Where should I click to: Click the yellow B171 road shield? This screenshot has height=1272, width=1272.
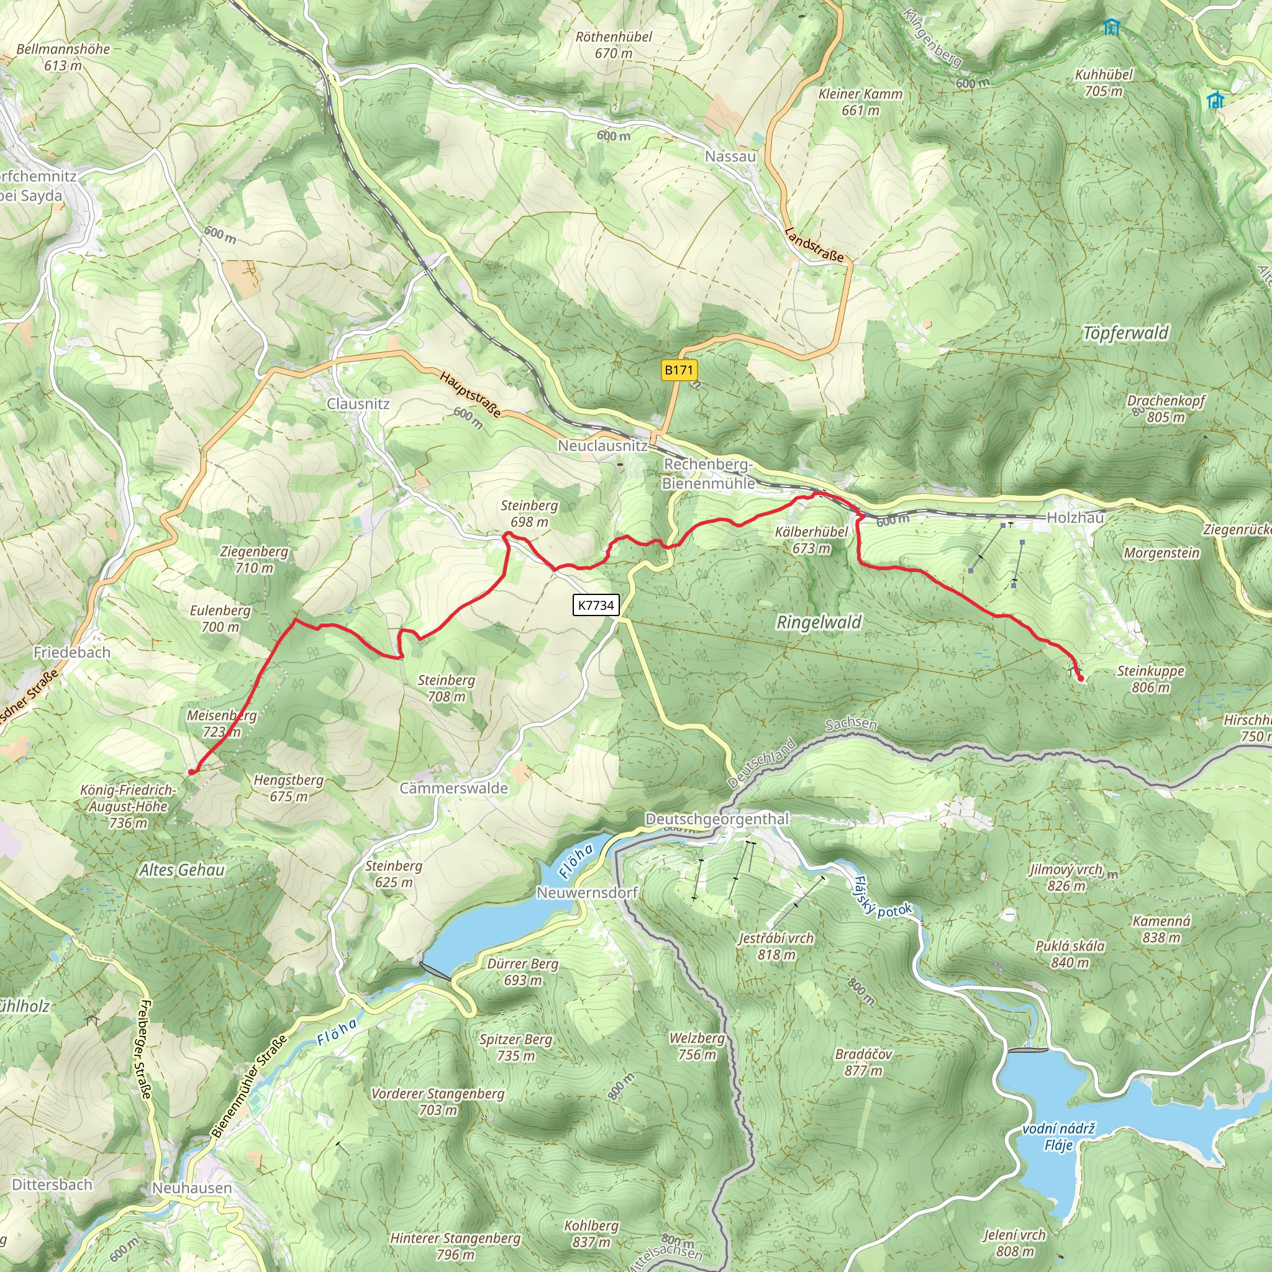point(678,370)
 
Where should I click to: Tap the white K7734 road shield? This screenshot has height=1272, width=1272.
point(596,605)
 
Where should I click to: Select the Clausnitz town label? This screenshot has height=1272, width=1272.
point(358,404)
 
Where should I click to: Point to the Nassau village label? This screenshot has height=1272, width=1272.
point(730,156)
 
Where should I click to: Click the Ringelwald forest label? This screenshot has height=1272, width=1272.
point(819,622)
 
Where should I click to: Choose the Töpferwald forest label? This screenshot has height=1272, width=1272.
point(1126,333)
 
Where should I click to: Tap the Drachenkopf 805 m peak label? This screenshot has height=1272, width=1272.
point(1165,408)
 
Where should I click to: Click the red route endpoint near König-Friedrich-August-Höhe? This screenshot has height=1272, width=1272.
point(191,771)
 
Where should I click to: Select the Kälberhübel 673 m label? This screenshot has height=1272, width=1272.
point(811,540)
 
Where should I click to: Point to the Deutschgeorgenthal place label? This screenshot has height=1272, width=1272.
point(716,819)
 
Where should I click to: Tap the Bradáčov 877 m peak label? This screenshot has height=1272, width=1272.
point(863,1062)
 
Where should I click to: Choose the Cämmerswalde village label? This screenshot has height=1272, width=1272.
point(453,788)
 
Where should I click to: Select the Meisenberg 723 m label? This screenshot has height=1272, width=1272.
point(222,723)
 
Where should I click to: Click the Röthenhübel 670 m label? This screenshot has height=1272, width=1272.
point(614,45)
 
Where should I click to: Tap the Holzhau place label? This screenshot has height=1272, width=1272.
point(1074,517)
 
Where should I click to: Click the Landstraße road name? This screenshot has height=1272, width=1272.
point(814,244)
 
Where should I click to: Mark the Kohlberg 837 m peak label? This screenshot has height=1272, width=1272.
point(591,1234)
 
